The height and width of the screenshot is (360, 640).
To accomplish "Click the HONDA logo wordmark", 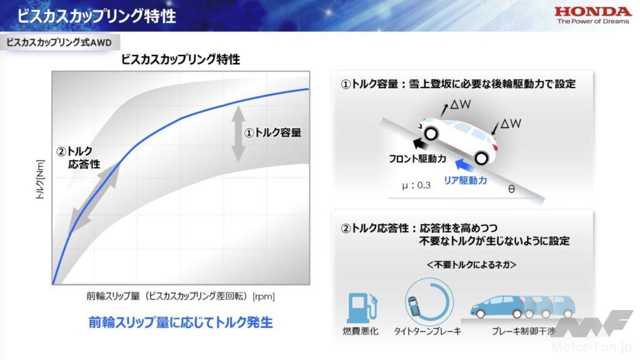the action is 592,11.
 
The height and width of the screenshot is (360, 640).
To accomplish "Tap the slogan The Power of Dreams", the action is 593,22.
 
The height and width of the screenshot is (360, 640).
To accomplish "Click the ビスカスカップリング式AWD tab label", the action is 59,42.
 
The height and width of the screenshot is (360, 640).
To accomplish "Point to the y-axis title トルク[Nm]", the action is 40,179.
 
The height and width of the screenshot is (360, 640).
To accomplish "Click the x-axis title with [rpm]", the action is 181,296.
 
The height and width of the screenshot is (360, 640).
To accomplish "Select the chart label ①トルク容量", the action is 272,132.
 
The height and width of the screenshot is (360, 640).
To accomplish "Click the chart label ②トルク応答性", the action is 78,157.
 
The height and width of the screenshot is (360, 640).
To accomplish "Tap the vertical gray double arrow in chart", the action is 238,134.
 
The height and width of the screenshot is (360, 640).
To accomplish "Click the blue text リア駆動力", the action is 465,181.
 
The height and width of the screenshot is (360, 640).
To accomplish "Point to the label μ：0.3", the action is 416,185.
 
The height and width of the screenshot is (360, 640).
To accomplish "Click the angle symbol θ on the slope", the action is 511,189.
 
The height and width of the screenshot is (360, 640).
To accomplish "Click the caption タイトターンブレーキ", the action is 427,331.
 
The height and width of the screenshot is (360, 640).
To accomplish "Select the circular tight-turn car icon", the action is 429,302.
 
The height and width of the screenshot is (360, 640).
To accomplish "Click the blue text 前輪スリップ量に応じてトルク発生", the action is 181,322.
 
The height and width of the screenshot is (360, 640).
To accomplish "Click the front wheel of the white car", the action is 431,133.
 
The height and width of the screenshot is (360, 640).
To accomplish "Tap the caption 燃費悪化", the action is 361,331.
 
